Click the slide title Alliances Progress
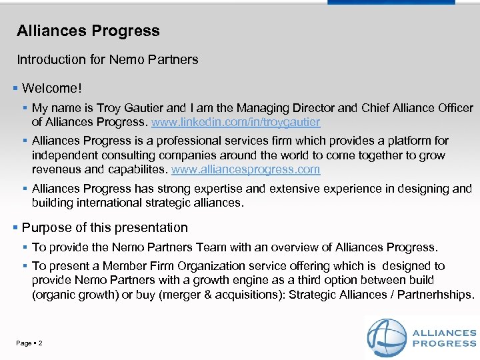[x=88, y=31]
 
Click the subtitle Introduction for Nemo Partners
[x=107, y=59]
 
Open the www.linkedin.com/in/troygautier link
[x=236, y=122]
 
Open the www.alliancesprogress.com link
[x=246, y=169]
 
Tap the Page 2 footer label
[x=29, y=343]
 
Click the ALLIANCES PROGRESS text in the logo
[x=444, y=338]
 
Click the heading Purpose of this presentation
[x=105, y=227]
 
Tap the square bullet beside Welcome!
[x=15, y=88]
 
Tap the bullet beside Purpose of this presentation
[x=15, y=227]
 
